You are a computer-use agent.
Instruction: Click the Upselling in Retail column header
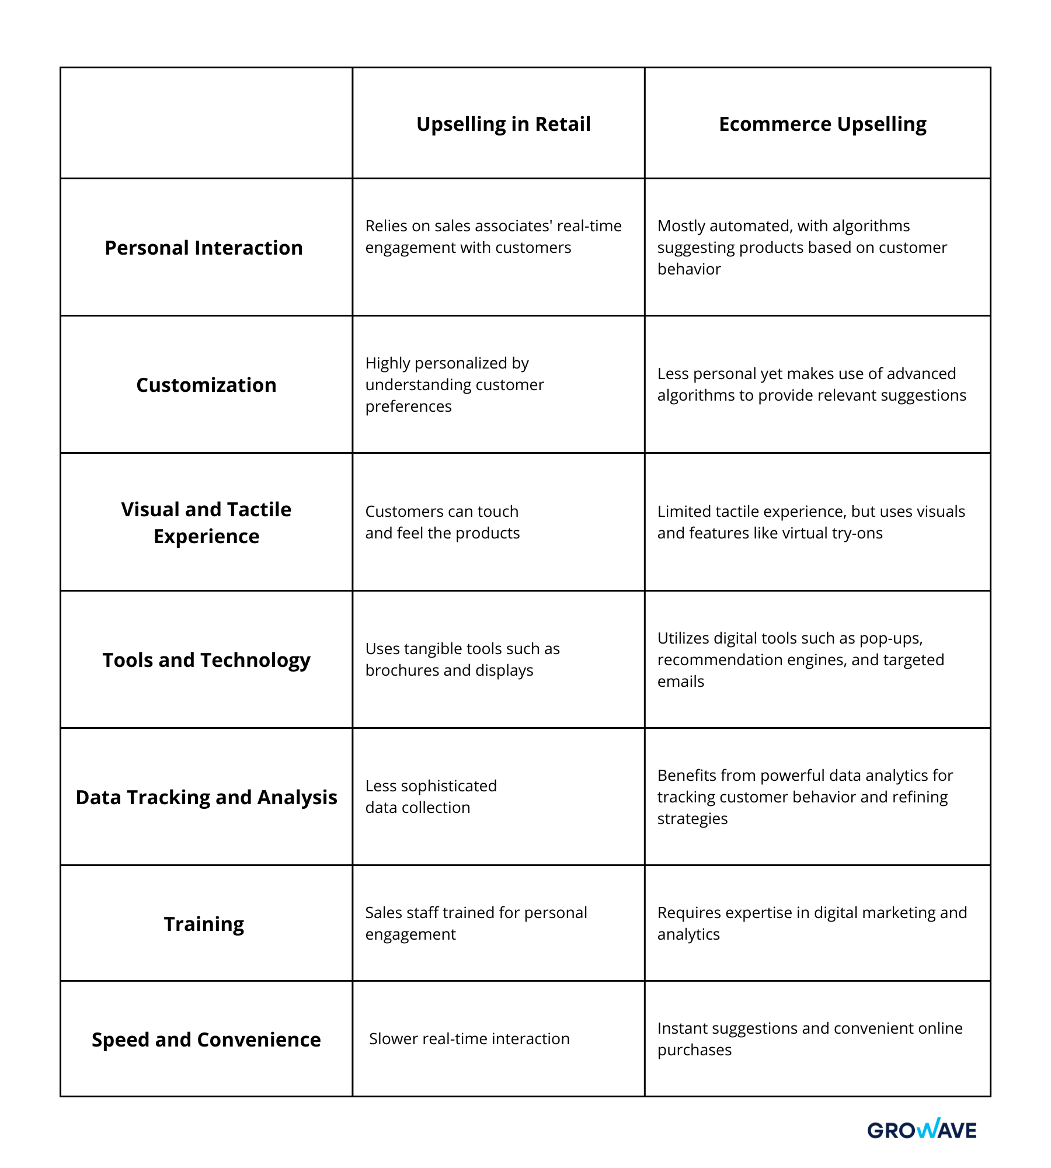point(503,124)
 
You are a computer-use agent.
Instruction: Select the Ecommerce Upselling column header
point(822,124)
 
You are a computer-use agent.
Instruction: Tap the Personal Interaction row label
point(204,248)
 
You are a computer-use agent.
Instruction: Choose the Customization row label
point(206,385)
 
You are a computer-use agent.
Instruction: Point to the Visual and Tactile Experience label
point(206,523)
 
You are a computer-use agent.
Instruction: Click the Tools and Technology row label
point(206,660)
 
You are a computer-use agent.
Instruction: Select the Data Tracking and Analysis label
point(206,797)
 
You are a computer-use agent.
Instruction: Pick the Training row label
point(204,924)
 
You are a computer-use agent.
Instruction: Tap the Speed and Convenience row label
point(206,1040)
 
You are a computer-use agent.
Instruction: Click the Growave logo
point(921,1129)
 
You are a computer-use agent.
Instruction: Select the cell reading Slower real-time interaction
point(469,1039)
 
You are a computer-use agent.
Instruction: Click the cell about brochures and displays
point(462,659)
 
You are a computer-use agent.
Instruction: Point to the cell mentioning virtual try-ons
point(811,522)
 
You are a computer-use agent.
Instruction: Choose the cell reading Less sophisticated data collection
point(431,797)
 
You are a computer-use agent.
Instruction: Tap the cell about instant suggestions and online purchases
point(810,1039)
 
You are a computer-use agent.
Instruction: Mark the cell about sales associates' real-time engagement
point(493,237)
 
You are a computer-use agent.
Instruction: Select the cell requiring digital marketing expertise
point(812,923)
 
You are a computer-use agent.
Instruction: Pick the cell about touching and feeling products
point(442,522)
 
